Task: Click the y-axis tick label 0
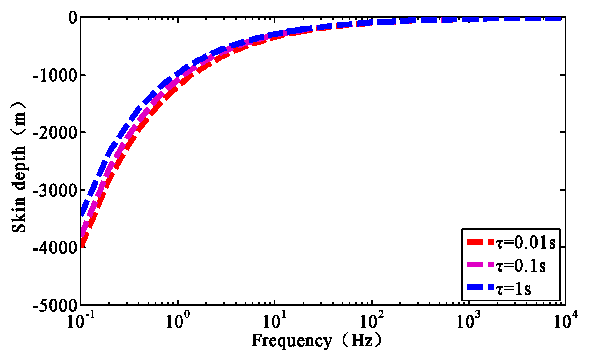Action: [72, 18]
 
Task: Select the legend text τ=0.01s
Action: [526, 243]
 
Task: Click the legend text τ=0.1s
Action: [521, 266]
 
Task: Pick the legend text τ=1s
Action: [513, 288]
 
